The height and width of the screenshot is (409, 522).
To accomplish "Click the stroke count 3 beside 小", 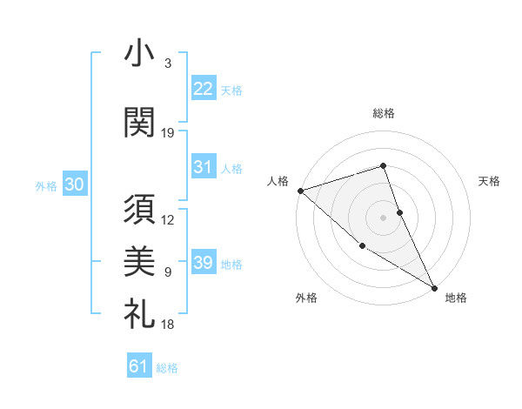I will (x=168, y=64).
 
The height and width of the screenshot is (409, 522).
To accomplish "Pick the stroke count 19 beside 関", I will (x=168, y=132).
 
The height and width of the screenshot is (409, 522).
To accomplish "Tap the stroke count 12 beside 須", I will (x=168, y=220).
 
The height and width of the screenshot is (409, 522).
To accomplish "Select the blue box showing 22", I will (x=204, y=88).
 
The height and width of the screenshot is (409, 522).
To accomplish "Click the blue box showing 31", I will (x=204, y=167).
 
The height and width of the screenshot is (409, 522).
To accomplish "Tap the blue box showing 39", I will (x=204, y=263).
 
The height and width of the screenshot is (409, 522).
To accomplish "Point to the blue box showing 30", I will (x=75, y=184).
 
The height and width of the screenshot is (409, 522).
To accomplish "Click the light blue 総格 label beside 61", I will (x=167, y=368).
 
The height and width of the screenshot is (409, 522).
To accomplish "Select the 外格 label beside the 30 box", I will (x=46, y=185).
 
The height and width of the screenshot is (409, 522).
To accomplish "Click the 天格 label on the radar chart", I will (x=490, y=181).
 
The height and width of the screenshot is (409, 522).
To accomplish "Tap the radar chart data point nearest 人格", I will (x=300, y=190).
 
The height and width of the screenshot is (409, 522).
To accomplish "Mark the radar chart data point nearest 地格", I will (x=434, y=287).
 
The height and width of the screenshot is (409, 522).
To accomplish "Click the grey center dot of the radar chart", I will (x=383, y=217).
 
